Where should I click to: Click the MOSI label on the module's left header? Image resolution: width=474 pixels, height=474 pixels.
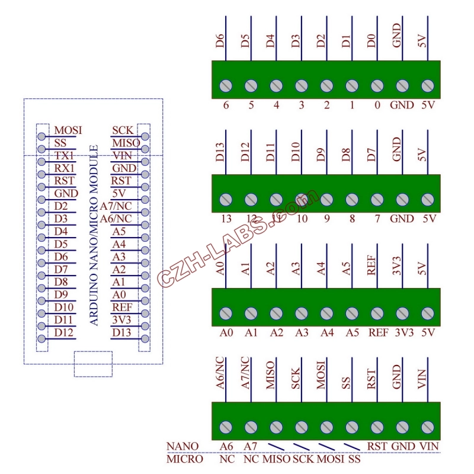(x=68, y=130)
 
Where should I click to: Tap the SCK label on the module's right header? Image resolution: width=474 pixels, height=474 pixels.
(x=123, y=130)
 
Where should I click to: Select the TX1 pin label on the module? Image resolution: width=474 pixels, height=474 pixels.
(x=63, y=156)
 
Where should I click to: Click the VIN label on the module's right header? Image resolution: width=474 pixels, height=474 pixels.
(x=123, y=156)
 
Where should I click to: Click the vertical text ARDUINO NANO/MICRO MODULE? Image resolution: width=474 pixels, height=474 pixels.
(x=94, y=234)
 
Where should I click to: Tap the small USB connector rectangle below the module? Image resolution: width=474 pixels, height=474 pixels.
(x=93, y=363)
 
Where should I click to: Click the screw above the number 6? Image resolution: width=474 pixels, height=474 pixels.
(x=226, y=86)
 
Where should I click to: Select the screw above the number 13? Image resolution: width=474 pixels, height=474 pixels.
(x=226, y=200)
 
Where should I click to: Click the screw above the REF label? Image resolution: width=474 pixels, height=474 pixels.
(x=377, y=313)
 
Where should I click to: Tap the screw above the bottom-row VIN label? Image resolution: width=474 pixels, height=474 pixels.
(x=427, y=427)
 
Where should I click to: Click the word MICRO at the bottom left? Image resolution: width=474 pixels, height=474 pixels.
(x=184, y=459)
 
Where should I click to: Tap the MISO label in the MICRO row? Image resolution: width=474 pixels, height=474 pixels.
(x=277, y=459)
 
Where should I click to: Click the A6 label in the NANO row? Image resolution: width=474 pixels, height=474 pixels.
(x=225, y=446)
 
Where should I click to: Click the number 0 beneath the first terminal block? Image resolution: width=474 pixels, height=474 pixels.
(x=377, y=105)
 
